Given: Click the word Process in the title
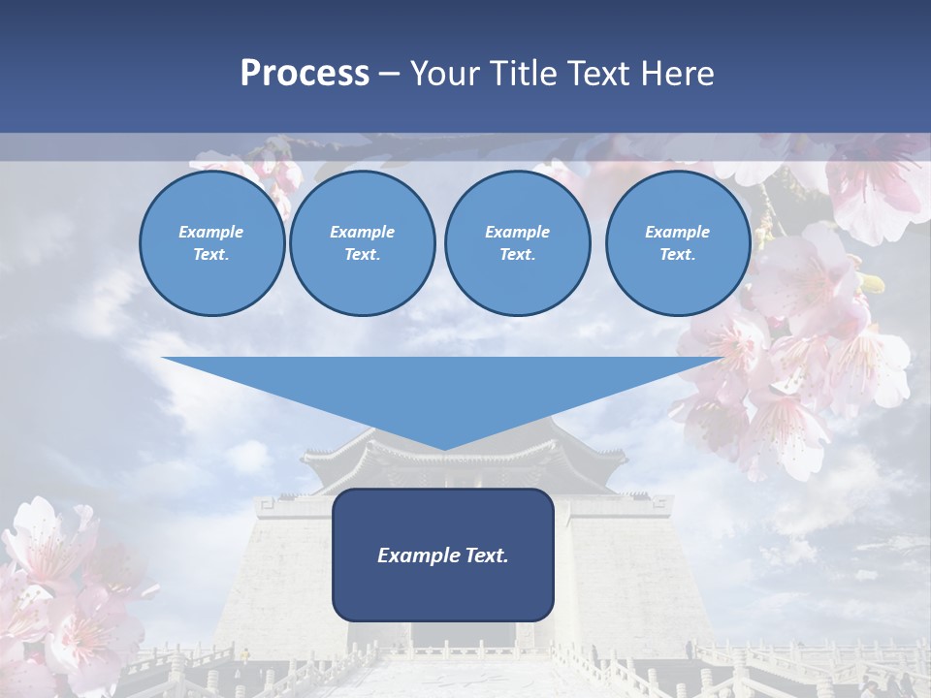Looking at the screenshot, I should (x=305, y=74).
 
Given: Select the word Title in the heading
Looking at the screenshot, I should (x=520, y=74).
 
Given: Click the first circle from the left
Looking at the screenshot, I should (x=211, y=242).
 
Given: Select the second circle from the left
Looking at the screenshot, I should (x=363, y=242).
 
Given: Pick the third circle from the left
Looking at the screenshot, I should (x=517, y=242).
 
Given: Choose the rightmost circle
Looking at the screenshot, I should (x=678, y=242).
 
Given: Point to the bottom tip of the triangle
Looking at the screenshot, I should (x=443, y=449).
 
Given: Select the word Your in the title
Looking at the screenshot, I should (x=442, y=74).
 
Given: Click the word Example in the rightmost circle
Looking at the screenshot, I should (x=678, y=232).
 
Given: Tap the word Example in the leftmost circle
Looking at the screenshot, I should (x=211, y=232).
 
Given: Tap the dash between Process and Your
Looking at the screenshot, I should (x=390, y=74).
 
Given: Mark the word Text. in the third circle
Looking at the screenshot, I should (x=517, y=255).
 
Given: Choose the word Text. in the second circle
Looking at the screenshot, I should (x=363, y=255).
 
